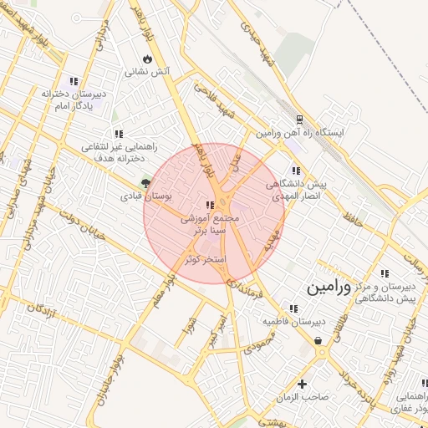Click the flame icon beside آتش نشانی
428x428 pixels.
pos(147,59)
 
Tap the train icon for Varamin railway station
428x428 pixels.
pos(301,120)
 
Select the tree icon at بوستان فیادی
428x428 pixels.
pos(146,182)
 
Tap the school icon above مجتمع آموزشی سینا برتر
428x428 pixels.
pos(210,204)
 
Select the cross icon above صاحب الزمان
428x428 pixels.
pos(303,384)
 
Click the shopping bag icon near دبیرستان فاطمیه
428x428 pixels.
pos(319,340)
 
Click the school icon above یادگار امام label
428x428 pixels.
pos(74,81)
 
